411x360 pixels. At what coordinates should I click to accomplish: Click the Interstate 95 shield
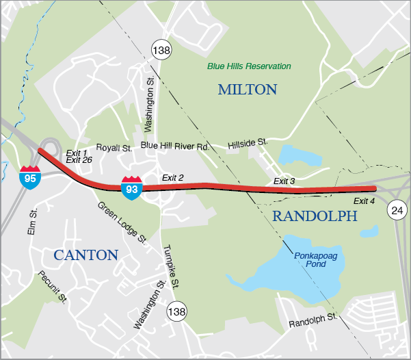click(x=29, y=177)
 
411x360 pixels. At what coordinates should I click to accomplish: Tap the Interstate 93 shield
click(x=132, y=187)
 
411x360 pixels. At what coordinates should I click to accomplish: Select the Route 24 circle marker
click(x=397, y=210)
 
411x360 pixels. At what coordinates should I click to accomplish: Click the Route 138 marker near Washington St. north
click(x=161, y=50)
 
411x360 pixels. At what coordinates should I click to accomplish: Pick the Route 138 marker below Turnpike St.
click(x=177, y=310)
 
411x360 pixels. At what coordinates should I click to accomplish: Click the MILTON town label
click(x=247, y=90)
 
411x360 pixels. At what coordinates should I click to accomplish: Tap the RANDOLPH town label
click(x=315, y=216)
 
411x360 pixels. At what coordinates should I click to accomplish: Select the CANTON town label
click(x=86, y=255)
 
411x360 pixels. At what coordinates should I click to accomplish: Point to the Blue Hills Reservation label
click(x=249, y=66)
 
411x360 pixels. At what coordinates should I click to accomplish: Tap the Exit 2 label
click(x=173, y=178)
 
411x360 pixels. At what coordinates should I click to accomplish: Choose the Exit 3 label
click(x=284, y=181)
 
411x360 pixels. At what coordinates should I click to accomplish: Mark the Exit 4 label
click(x=364, y=201)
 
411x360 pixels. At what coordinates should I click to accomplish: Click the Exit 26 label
click(x=79, y=159)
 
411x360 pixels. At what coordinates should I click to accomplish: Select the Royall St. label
click(x=114, y=147)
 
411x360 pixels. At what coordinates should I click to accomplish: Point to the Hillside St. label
click(x=247, y=142)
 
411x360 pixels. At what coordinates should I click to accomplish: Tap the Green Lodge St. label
click(x=122, y=223)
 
